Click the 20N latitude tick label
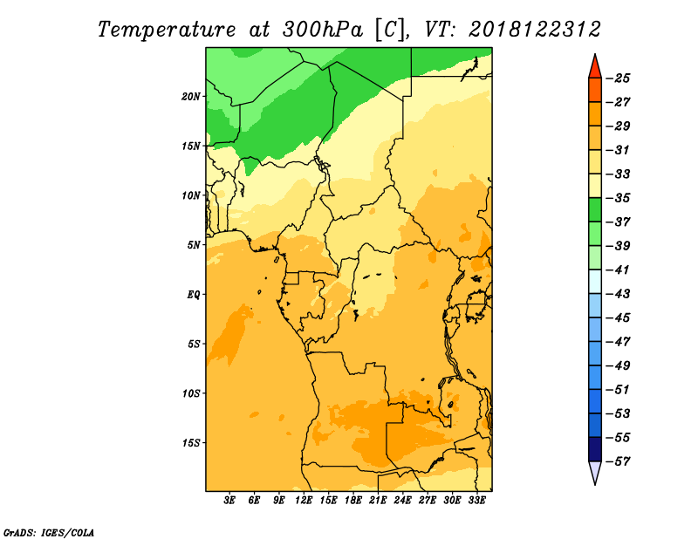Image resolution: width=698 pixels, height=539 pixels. point(191,97)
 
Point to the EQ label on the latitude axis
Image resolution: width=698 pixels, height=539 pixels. point(194,295)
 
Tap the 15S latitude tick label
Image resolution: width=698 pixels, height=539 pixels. point(191,443)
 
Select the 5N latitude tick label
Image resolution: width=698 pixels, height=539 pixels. point(194,245)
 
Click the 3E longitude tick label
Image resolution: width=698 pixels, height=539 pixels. point(229,501)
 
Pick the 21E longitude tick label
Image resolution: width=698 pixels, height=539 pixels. point(378,501)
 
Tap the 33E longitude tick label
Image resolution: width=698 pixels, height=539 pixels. point(476,501)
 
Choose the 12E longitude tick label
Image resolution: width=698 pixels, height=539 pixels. point(304,501)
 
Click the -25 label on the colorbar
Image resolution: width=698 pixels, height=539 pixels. point(618,78)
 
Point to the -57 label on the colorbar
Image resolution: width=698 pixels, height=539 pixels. point(618,461)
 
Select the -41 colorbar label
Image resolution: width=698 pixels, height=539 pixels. point(618,269)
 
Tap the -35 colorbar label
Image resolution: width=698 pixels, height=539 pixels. point(618,198)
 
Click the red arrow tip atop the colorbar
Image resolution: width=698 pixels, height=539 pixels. point(595,55)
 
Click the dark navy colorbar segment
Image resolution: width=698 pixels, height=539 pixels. point(595,449)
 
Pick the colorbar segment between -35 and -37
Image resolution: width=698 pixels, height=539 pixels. point(595,210)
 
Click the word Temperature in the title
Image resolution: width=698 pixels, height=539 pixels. point(167,30)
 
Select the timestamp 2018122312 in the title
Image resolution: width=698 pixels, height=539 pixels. point(535,30)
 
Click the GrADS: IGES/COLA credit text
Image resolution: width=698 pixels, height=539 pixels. point(49,532)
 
